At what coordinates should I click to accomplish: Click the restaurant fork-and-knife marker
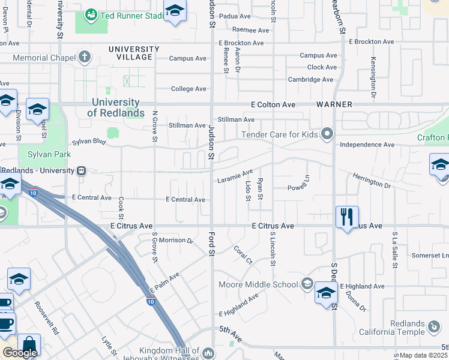click(x=347, y=217)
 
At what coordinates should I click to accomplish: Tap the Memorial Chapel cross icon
click(x=85, y=58)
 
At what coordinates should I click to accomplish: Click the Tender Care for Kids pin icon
click(x=327, y=134)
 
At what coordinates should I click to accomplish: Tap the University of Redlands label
click(x=116, y=108)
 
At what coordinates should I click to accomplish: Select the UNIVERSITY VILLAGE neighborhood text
click(x=134, y=53)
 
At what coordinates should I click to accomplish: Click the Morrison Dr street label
click(x=176, y=241)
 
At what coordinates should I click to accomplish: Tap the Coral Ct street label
click(x=243, y=253)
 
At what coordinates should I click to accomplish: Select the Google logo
click(x=20, y=353)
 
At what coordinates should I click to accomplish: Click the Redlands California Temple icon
click(x=434, y=328)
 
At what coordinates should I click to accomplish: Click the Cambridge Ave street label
click(x=310, y=79)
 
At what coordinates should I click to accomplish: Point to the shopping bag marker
click(x=29, y=345)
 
